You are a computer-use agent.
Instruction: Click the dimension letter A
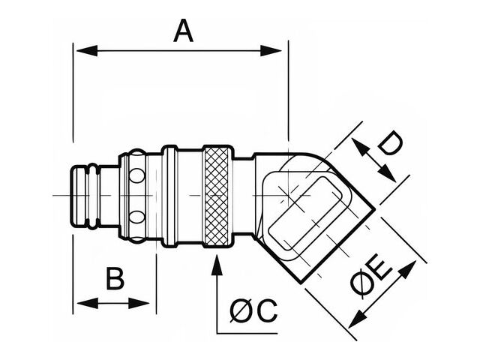coord(183,31)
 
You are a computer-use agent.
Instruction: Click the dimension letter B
coord(114,279)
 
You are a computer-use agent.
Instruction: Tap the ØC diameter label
coord(253,310)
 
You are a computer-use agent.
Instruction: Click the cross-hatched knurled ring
coord(217,196)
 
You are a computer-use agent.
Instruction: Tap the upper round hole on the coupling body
coord(136,177)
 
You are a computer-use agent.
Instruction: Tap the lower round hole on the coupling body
coord(136,217)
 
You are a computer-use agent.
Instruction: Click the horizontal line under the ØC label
coord(247,332)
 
